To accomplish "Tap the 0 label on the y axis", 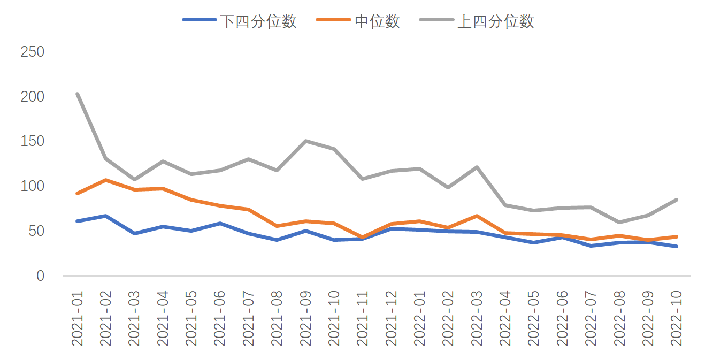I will click(40, 276).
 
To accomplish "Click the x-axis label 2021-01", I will click(78, 318).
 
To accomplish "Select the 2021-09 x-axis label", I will click(306, 318).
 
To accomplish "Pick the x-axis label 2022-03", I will click(477, 318).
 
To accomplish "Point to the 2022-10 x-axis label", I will click(676, 318).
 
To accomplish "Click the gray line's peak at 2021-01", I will click(78, 94).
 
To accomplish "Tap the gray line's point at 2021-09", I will click(305, 141).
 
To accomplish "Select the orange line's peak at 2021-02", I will click(106, 180).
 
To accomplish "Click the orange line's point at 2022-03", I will click(476, 216).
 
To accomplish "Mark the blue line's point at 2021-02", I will click(106, 216).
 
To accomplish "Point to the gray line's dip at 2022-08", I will click(619, 222).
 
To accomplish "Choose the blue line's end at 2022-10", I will click(676, 246).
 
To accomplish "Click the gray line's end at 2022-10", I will click(676, 200).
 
